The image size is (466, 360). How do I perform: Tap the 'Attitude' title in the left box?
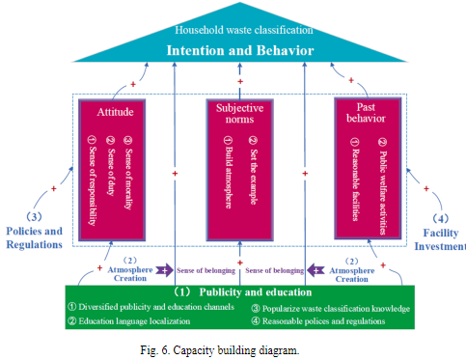point(116,111)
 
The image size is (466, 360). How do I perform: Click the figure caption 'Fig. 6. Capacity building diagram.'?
point(232,348)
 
